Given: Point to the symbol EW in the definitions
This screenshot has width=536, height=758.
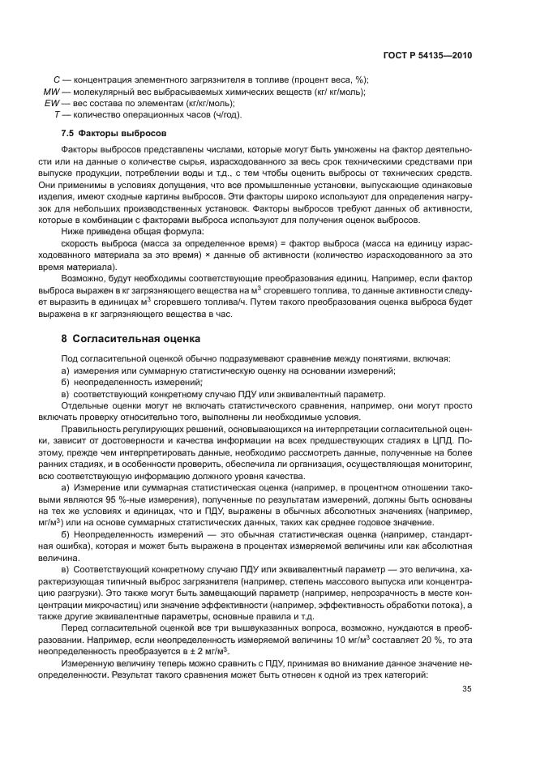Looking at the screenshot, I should click(x=52, y=103).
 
